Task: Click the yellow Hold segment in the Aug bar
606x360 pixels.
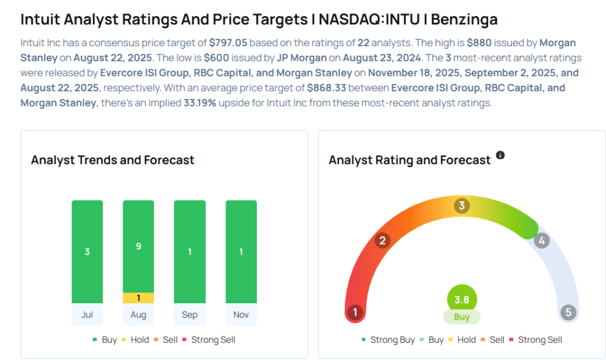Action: click(x=138, y=298)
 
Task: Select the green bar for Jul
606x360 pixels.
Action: click(x=87, y=252)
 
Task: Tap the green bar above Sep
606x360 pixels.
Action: click(x=189, y=252)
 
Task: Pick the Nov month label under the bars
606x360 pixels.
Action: click(x=241, y=314)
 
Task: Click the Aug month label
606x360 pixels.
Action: click(x=138, y=314)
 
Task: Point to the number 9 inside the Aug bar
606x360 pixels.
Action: click(x=138, y=246)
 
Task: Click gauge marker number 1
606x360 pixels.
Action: click(x=355, y=312)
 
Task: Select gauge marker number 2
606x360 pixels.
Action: click(x=383, y=240)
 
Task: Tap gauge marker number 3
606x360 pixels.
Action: click(x=462, y=206)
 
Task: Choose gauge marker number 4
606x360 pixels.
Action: click(x=541, y=240)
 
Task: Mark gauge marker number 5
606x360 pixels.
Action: click(x=569, y=312)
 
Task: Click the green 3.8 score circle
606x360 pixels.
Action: click(x=462, y=300)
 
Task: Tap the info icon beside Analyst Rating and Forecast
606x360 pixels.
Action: click(x=500, y=155)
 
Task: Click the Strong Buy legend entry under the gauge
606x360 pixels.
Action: click(x=388, y=340)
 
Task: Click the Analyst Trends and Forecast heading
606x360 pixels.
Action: click(x=112, y=160)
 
